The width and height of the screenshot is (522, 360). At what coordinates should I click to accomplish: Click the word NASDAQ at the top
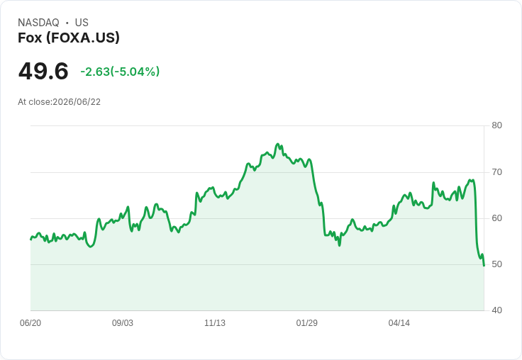pos(38,23)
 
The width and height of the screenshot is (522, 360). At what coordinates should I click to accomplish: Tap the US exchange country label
pos(82,23)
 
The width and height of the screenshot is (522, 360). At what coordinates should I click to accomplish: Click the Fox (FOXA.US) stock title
pos(69,38)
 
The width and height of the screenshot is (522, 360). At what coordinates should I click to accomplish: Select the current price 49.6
pos(43,71)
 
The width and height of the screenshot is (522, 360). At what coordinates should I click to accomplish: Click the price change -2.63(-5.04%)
pos(120,72)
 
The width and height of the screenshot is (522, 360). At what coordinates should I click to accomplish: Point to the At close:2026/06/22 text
pos(60,102)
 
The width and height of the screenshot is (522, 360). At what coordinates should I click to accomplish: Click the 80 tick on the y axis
pos(496,125)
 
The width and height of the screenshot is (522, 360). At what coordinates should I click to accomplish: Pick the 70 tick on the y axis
pos(496,172)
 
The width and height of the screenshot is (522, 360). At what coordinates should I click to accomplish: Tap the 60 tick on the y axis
pos(496,218)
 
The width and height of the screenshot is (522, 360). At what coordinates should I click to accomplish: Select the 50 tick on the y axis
pos(496,264)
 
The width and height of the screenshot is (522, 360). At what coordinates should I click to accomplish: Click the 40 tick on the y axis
pos(496,310)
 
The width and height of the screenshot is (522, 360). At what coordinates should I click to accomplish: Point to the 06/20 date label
pos(30,323)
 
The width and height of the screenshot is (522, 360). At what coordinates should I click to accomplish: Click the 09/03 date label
pos(123,323)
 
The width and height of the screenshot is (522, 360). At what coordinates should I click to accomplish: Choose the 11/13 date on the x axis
pos(215,323)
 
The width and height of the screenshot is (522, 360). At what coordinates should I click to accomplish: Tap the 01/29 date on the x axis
pos(307,323)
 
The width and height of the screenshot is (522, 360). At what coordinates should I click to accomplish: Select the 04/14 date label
pos(399,323)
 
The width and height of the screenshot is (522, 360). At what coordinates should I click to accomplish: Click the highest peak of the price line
pos(277,144)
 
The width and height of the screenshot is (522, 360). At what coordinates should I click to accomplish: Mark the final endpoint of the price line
pos(484,266)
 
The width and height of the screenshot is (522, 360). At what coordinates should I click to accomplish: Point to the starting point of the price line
pos(30,240)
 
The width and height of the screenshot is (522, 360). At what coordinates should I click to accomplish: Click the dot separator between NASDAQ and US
pos(67,23)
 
